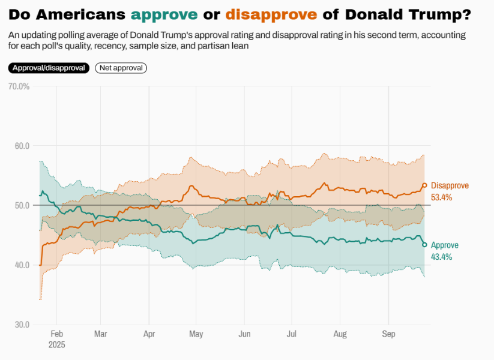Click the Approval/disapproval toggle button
(x=49, y=68)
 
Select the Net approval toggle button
(x=121, y=68)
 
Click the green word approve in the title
(x=164, y=14)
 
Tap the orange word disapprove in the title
(x=271, y=14)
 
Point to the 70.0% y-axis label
(x=19, y=86)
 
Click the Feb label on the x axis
(x=56, y=334)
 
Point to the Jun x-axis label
(x=244, y=334)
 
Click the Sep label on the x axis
(x=388, y=334)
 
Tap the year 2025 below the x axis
(x=56, y=345)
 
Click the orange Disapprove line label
(x=450, y=186)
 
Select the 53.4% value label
(x=441, y=197)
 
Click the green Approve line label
(x=445, y=245)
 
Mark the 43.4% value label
(x=441, y=257)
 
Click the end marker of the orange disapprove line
(x=424, y=185)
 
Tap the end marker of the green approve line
(x=424, y=244)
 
